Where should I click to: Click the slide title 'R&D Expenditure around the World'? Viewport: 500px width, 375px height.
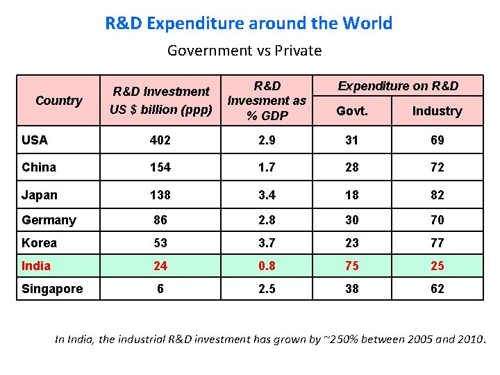click(x=249, y=23)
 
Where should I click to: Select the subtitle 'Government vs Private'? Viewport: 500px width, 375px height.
click(x=244, y=51)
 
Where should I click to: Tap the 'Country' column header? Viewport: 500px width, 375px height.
click(x=58, y=101)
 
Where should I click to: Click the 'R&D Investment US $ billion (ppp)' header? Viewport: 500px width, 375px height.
click(x=161, y=101)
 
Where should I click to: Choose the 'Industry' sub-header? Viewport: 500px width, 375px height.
click(x=437, y=111)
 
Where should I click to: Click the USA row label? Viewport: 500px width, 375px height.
click(x=35, y=140)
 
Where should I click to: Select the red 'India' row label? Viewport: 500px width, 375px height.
click(x=36, y=266)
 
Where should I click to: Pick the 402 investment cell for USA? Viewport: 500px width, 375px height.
click(x=160, y=140)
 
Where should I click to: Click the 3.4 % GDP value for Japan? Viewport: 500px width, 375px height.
click(x=267, y=195)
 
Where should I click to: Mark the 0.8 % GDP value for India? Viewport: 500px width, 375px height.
click(x=267, y=266)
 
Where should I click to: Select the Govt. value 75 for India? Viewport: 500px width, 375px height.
click(x=352, y=266)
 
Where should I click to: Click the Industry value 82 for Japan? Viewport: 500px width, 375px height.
click(x=437, y=195)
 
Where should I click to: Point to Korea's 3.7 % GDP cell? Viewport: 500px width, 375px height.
click(x=267, y=243)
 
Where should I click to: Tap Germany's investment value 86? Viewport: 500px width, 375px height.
click(x=160, y=220)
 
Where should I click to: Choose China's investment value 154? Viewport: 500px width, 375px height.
click(x=160, y=167)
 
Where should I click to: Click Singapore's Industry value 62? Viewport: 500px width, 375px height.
click(x=437, y=289)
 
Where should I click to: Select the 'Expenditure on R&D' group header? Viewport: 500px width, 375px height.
click(x=398, y=86)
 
